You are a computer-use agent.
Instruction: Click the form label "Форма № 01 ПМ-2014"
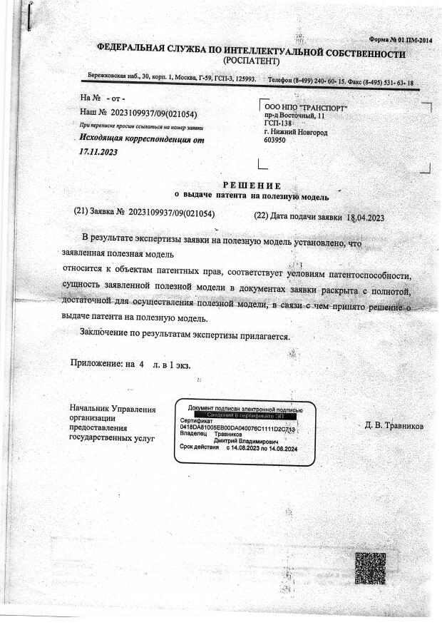click(x=401, y=40)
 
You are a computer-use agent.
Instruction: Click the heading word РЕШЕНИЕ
click(x=255, y=186)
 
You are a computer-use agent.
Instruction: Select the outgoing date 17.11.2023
click(x=99, y=152)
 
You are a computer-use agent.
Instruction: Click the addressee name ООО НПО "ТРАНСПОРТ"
click(x=306, y=108)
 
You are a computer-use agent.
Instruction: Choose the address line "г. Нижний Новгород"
click(x=296, y=133)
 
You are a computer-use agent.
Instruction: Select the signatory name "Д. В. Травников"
click(x=394, y=426)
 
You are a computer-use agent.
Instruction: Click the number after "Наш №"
click(x=154, y=113)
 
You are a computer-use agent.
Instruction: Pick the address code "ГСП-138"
click(x=279, y=123)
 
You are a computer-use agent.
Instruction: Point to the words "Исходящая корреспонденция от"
click(x=142, y=140)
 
